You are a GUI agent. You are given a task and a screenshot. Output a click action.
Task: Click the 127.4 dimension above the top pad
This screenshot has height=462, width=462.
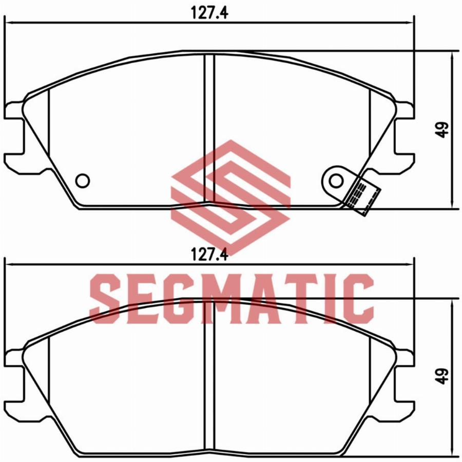(x=209, y=13)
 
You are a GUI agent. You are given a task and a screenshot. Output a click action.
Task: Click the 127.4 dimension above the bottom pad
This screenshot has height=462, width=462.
(x=209, y=254)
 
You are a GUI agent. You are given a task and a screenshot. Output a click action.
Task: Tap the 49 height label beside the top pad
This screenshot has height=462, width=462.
(x=442, y=130)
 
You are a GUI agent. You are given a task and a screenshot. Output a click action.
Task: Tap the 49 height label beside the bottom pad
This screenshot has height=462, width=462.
(x=442, y=376)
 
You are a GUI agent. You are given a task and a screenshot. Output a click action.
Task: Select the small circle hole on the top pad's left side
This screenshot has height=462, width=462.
(x=83, y=181)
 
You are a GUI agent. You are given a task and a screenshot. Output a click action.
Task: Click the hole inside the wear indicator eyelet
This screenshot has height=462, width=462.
(x=336, y=181)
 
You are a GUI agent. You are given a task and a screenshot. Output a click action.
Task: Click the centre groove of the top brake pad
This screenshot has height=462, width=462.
(x=209, y=129)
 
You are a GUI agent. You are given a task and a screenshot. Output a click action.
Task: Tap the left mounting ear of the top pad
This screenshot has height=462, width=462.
(x=14, y=136)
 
